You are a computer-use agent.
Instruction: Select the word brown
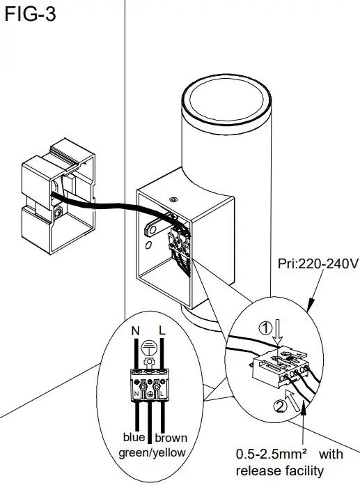[x=171, y=438]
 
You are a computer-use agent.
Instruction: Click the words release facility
[x=280, y=470]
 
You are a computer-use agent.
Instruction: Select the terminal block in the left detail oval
[x=149, y=385]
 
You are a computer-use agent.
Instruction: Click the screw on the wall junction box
[x=58, y=209]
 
